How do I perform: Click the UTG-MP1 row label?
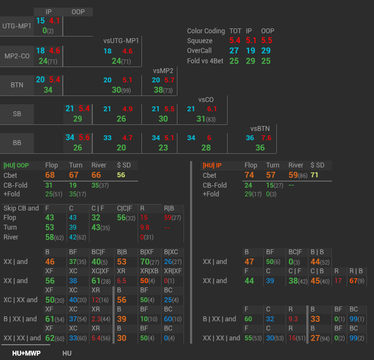tap(17, 26)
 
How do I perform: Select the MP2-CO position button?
tap(17, 56)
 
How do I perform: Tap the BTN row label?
tap(17, 85)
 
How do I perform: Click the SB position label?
tap(17, 114)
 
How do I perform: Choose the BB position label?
tap(17, 143)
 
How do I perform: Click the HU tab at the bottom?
tap(67, 353)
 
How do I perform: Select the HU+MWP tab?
tap(27, 353)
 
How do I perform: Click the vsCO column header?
tap(205, 100)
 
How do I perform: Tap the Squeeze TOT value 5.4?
tap(235, 41)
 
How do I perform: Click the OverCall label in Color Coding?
tap(201, 51)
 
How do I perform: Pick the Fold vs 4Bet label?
tap(205, 61)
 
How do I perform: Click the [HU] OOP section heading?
tap(16, 165)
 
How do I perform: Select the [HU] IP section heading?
tap(212, 165)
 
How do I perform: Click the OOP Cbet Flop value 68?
tap(50, 175)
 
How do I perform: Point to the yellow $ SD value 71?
tap(314, 175)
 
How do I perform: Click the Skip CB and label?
tap(21, 208)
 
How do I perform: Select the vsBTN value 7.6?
tap(266, 138)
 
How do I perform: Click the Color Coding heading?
tap(206, 31)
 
